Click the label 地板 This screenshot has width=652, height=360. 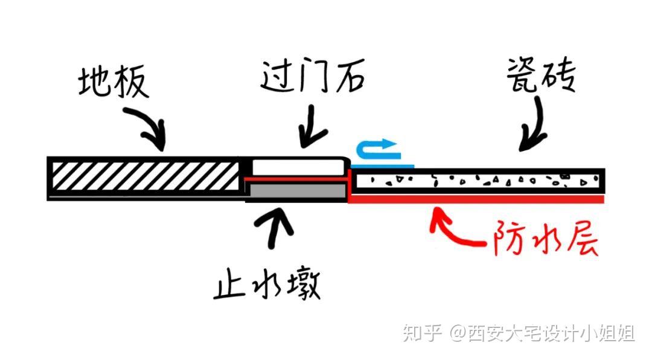(x=113, y=83)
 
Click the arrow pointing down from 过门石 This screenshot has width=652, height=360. (x=312, y=126)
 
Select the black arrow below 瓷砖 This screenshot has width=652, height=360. (x=531, y=126)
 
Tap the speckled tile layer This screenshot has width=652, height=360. (x=477, y=179)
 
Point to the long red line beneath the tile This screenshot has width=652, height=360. (x=477, y=198)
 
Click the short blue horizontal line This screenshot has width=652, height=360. (x=383, y=164)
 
